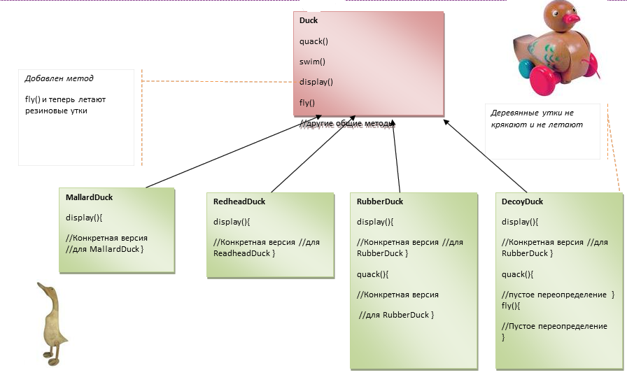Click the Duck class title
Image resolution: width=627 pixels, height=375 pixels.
pyautogui.click(x=309, y=20)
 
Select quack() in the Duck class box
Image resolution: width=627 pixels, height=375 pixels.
pyautogui.click(x=313, y=41)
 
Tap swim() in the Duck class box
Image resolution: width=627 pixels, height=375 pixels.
pyautogui.click(x=312, y=62)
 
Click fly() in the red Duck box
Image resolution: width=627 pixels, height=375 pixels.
pyautogui.click(x=307, y=103)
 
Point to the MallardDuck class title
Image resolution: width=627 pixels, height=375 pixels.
pyautogui.click(x=89, y=197)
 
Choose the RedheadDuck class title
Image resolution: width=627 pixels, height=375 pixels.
pyautogui.click(x=239, y=201)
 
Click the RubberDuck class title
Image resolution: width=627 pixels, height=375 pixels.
pyautogui.click(x=380, y=201)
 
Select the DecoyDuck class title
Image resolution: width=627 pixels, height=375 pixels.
pyautogui.click(x=522, y=201)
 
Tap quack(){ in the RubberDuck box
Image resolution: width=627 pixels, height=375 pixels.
pyautogui.click(x=372, y=274)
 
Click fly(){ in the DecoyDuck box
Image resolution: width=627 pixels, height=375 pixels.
pyautogui.click(x=511, y=306)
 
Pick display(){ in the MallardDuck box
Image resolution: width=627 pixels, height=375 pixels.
pyautogui.click(x=84, y=218)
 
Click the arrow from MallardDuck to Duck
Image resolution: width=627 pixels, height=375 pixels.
pyautogui.click(x=234, y=152)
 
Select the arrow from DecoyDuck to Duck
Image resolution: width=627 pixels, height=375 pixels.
pyautogui.click(x=485, y=156)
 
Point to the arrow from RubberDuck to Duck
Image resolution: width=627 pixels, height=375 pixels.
pyautogui.click(x=396, y=156)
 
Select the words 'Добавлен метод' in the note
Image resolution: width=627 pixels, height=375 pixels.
pyautogui.click(x=59, y=78)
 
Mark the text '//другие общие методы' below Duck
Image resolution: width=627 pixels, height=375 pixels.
pyautogui.click(x=347, y=124)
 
